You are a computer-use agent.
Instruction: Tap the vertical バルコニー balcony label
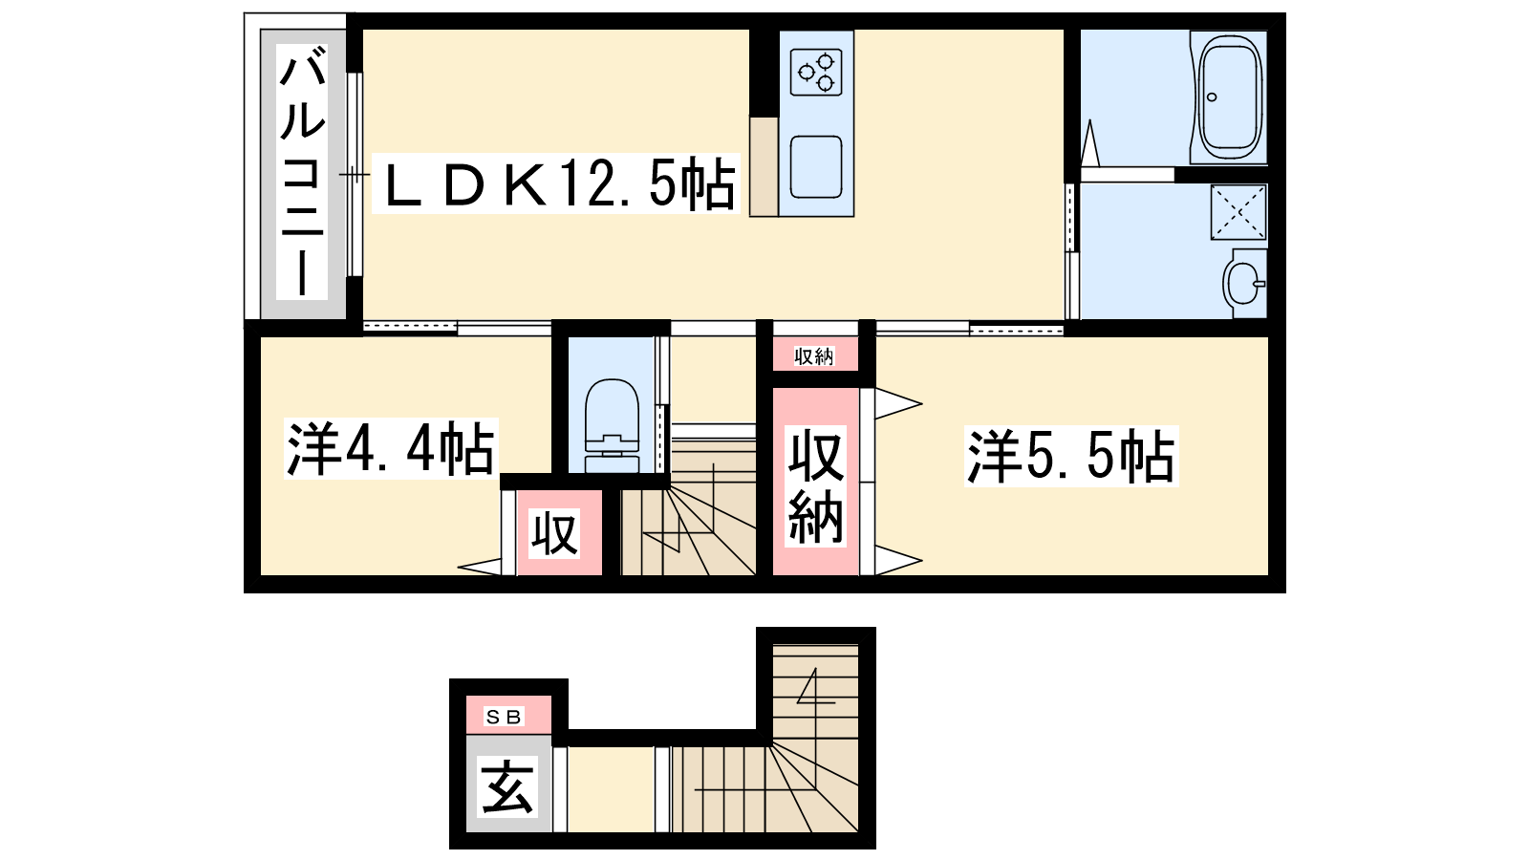coord(302,172)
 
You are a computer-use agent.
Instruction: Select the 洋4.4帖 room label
coord(391,448)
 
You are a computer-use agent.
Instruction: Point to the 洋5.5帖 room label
coord(1071,456)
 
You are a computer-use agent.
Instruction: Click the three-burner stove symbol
coord(816,73)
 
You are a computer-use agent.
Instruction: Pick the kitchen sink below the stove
coord(816,167)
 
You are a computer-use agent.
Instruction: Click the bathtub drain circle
coord(1212,97)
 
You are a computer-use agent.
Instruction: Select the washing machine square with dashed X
coord(1238,211)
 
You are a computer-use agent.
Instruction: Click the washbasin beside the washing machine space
coord(1245,283)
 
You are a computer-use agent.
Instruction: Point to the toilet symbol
coord(613,426)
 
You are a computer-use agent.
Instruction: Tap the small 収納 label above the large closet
coord(814,356)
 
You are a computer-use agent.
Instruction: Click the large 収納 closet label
coord(816,486)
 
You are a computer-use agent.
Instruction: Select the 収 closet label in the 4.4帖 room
coord(555,533)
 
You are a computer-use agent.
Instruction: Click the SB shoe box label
coord(503,717)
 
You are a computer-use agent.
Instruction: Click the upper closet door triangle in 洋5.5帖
coord(898,403)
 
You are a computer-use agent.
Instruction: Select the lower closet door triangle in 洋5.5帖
coord(898,560)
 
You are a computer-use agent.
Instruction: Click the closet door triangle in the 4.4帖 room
coord(479,567)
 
